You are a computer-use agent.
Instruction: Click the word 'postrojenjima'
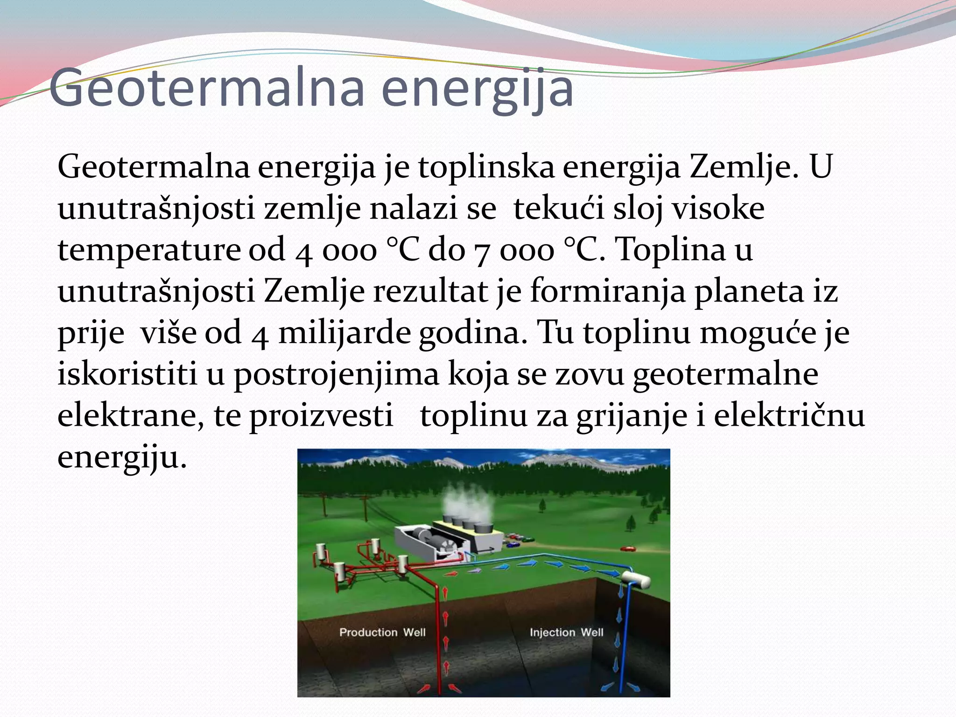[x=336, y=375]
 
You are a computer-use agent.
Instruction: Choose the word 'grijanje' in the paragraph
[x=632, y=416]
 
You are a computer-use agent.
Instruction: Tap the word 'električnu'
[x=789, y=416]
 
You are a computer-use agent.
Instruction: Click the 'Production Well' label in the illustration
[x=382, y=633]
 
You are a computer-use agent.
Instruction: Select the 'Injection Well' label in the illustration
[x=566, y=633]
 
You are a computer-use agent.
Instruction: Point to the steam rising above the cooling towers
[x=467, y=502]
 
